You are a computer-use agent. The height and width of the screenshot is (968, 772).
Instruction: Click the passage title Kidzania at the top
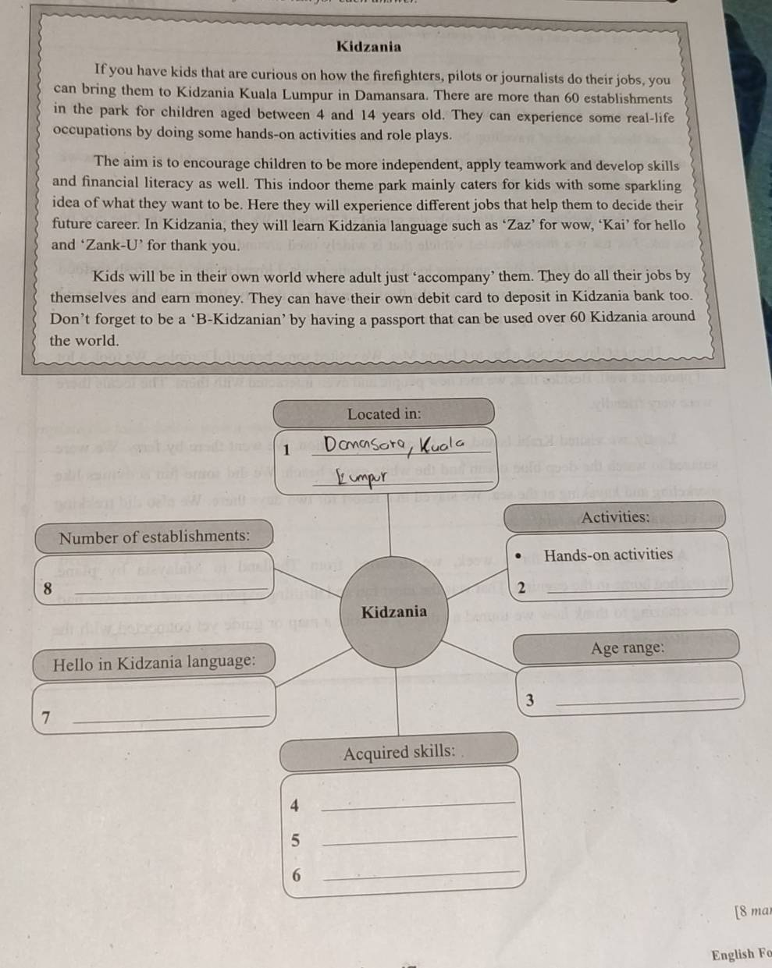point(368,47)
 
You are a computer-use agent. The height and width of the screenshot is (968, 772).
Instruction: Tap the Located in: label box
point(383,413)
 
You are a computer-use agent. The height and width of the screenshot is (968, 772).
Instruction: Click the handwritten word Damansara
point(364,445)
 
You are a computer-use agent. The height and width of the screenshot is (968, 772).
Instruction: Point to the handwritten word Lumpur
point(361,475)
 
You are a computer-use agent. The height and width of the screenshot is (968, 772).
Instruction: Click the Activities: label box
point(615,516)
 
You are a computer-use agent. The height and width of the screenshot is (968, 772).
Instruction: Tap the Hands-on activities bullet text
point(608,555)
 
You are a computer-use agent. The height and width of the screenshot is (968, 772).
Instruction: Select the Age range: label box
point(627,647)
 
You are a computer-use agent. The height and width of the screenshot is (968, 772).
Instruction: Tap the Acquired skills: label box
point(399,752)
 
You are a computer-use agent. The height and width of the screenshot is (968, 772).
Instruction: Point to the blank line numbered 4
point(418,804)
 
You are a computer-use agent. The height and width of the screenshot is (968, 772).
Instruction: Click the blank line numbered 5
point(418,839)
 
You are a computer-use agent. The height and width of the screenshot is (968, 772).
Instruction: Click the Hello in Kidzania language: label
point(154,663)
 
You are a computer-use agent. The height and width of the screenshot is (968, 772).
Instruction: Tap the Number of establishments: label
point(155,537)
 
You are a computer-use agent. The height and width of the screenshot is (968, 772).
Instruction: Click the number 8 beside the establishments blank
point(48,589)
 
